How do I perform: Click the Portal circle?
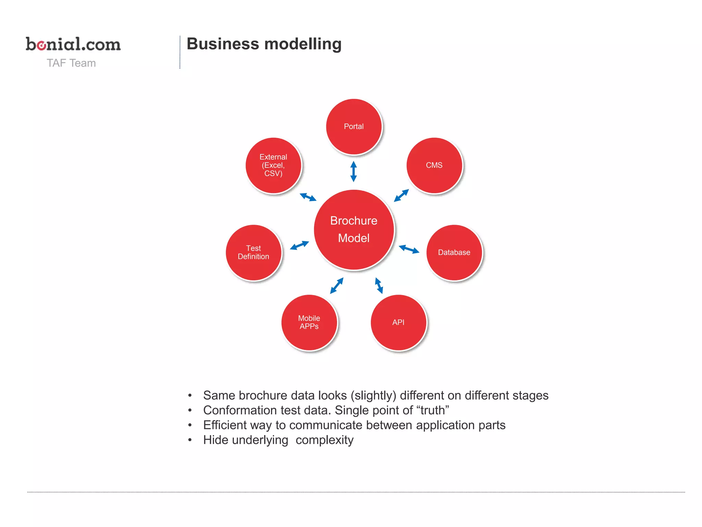point(354,127)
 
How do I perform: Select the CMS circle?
point(434,165)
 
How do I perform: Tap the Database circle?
point(454,253)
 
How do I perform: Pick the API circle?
point(398,323)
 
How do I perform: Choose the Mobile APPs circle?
point(309,323)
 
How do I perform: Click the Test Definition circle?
point(253,253)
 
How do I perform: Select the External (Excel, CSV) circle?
point(273,165)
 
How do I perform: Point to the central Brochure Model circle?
point(354,230)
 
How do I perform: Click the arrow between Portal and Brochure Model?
point(354,172)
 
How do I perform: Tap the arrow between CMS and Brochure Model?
point(401,196)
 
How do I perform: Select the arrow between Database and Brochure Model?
point(409,249)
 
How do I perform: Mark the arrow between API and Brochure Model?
point(379,285)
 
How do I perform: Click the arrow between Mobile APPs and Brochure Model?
point(337,285)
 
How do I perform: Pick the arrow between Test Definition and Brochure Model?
point(299,245)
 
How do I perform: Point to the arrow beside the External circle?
point(308,197)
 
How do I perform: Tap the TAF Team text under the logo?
point(71,63)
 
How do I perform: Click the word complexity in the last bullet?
point(324,440)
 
